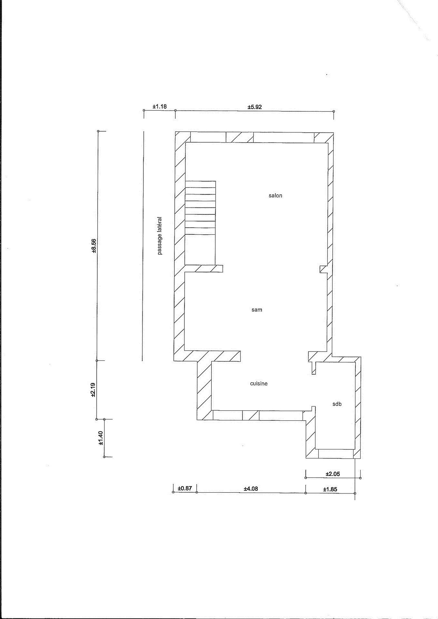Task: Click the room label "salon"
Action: coord(275,195)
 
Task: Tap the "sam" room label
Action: coord(257,310)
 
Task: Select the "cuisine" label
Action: coord(259,383)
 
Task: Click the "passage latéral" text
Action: coord(160,235)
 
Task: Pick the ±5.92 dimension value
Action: coord(255,107)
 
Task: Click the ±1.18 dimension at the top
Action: coord(160,107)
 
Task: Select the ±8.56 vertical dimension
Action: coord(94,245)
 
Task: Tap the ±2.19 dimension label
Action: coord(93,390)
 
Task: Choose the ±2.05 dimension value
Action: coord(333,474)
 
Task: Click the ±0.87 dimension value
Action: coord(185,488)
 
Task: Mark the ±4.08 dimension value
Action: coord(251,488)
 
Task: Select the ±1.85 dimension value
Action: coord(330,489)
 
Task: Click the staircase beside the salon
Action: coord(200,223)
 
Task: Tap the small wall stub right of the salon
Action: coord(323,269)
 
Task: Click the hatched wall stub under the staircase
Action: coord(204,268)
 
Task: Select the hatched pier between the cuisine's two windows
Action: coord(251,423)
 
